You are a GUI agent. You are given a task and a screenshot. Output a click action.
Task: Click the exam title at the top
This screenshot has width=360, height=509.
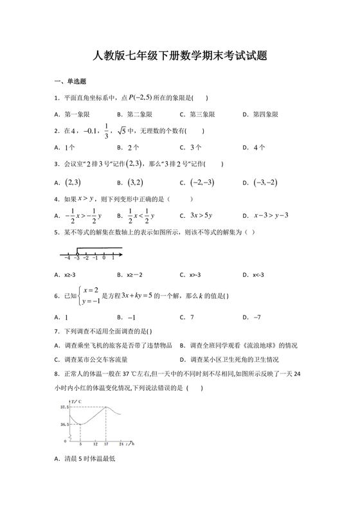pyautogui.click(x=180, y=56)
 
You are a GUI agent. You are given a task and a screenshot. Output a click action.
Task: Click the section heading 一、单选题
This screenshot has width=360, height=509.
pyautogui.click(x=70, y=82)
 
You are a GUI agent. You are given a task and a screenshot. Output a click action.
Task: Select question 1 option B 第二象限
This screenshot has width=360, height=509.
pyautogui.click(x=135, y=114)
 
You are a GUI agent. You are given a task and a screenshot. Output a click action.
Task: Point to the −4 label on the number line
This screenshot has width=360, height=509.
pyautogui.click(x=67, y=258)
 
